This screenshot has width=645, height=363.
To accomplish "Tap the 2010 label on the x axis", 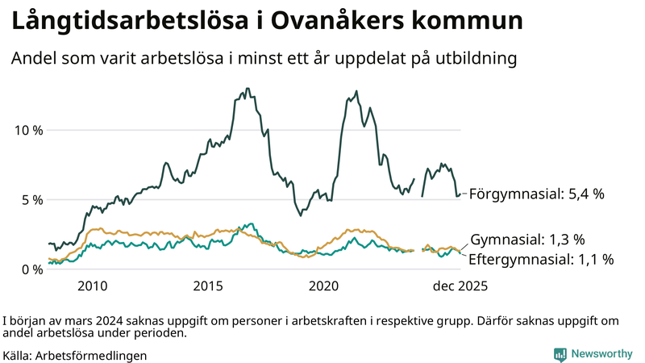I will pos(92,286).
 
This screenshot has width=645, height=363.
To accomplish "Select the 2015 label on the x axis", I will pos(208,286).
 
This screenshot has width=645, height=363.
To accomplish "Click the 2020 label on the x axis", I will pos(324,286).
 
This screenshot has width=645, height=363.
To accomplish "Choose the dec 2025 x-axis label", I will pos(460,286).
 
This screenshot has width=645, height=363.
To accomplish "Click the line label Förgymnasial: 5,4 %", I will pos(536,194).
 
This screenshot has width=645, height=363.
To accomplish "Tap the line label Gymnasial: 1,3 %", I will pos(527,240).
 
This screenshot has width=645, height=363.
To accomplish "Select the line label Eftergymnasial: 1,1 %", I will pos(541,259).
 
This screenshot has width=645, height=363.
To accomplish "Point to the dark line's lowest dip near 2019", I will pos(301,215).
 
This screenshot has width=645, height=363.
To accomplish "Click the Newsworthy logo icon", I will pos(560,354).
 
